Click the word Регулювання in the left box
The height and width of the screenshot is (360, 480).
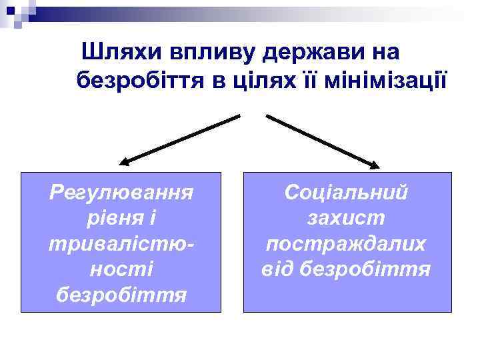point(121,193)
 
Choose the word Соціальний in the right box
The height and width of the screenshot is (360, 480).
point(346,193)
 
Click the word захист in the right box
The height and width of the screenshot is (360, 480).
point(346,218)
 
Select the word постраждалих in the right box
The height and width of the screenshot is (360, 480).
point(346,243)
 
